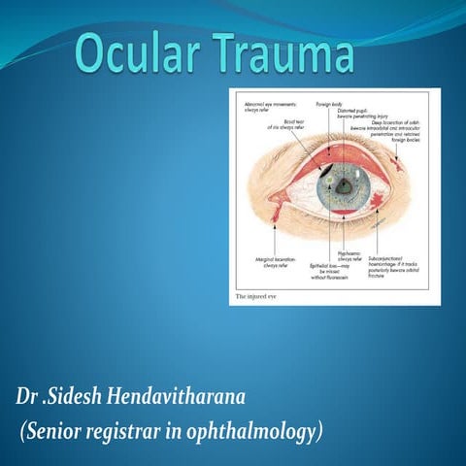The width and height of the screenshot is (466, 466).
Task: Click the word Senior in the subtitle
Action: tap(63, 429)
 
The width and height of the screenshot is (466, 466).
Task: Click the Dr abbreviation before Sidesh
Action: tap(27, 398)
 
